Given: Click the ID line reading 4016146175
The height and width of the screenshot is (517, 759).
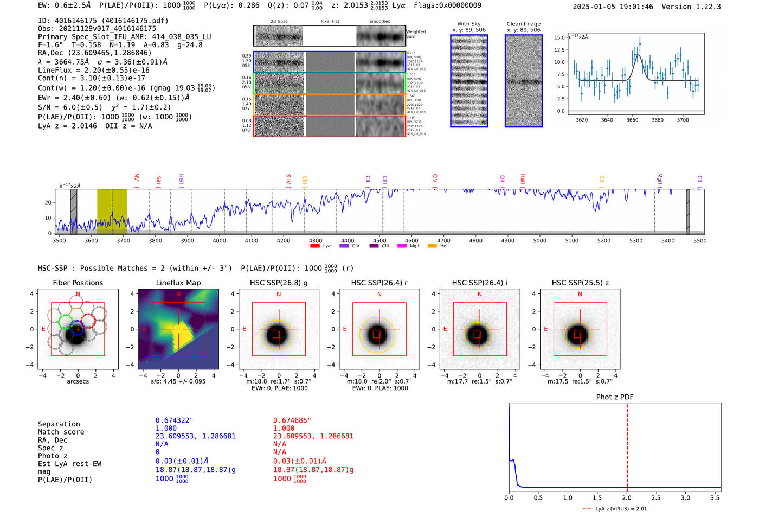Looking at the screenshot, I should coord(103,21).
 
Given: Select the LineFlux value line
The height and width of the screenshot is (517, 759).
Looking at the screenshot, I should coord(94,70).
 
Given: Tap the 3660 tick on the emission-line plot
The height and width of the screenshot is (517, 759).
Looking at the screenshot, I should coord(632,120).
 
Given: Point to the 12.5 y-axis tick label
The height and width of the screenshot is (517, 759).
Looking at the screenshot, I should coord(558,50).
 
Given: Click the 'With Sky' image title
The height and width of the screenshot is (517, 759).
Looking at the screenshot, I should coord(468,24).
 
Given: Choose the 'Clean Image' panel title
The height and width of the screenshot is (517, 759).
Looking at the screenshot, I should coord(523,24).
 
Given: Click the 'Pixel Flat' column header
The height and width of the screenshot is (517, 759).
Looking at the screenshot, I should coord(330,21).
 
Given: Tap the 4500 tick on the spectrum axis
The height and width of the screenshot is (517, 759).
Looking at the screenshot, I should coord(379,240).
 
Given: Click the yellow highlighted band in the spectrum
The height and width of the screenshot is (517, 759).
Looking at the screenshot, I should coord(112,212).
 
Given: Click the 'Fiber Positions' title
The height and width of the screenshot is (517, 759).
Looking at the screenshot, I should coord(78,283).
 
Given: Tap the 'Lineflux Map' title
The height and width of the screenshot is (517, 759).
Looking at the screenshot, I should coord(178,283).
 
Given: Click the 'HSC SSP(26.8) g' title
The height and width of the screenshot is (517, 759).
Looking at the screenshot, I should coord(278,283).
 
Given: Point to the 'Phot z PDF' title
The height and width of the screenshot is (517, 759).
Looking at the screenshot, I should coord(614,397).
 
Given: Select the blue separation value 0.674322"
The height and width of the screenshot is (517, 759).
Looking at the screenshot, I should coord(174,420).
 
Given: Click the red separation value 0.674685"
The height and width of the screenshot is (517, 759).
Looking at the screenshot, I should coord(292,420).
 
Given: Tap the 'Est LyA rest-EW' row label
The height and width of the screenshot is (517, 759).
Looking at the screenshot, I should coord(69,464).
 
